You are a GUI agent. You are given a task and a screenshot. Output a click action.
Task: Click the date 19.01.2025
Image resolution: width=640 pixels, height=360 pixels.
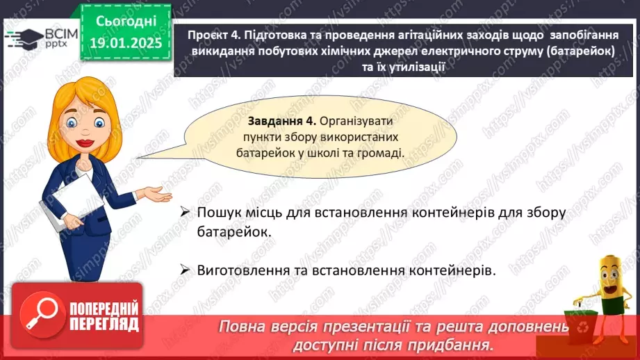[x=126, y=43]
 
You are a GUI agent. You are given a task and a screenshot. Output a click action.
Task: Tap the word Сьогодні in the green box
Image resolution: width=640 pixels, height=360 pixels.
[x=126, y=22]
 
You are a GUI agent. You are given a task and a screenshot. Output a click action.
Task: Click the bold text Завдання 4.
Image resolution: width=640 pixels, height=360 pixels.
[x=282, y=121]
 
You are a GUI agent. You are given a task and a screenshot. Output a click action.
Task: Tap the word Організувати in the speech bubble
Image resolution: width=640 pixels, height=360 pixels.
[x=356, y=121]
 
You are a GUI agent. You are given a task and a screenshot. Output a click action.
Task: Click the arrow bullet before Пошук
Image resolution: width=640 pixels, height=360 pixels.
[x=185, y=212]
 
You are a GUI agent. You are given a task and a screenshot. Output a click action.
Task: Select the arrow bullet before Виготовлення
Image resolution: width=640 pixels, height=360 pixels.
[x=185, y=270]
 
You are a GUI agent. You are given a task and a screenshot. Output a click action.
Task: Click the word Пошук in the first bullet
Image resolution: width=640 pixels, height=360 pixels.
[x=217, y=213]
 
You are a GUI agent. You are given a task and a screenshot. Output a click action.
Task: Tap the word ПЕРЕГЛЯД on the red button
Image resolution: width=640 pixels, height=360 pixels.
[x=104, y=325]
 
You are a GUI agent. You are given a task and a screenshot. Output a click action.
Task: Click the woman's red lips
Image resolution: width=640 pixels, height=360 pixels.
[x=85, y=143]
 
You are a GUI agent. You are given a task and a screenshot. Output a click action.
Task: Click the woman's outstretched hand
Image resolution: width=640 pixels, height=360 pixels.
[x=158, y=195]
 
